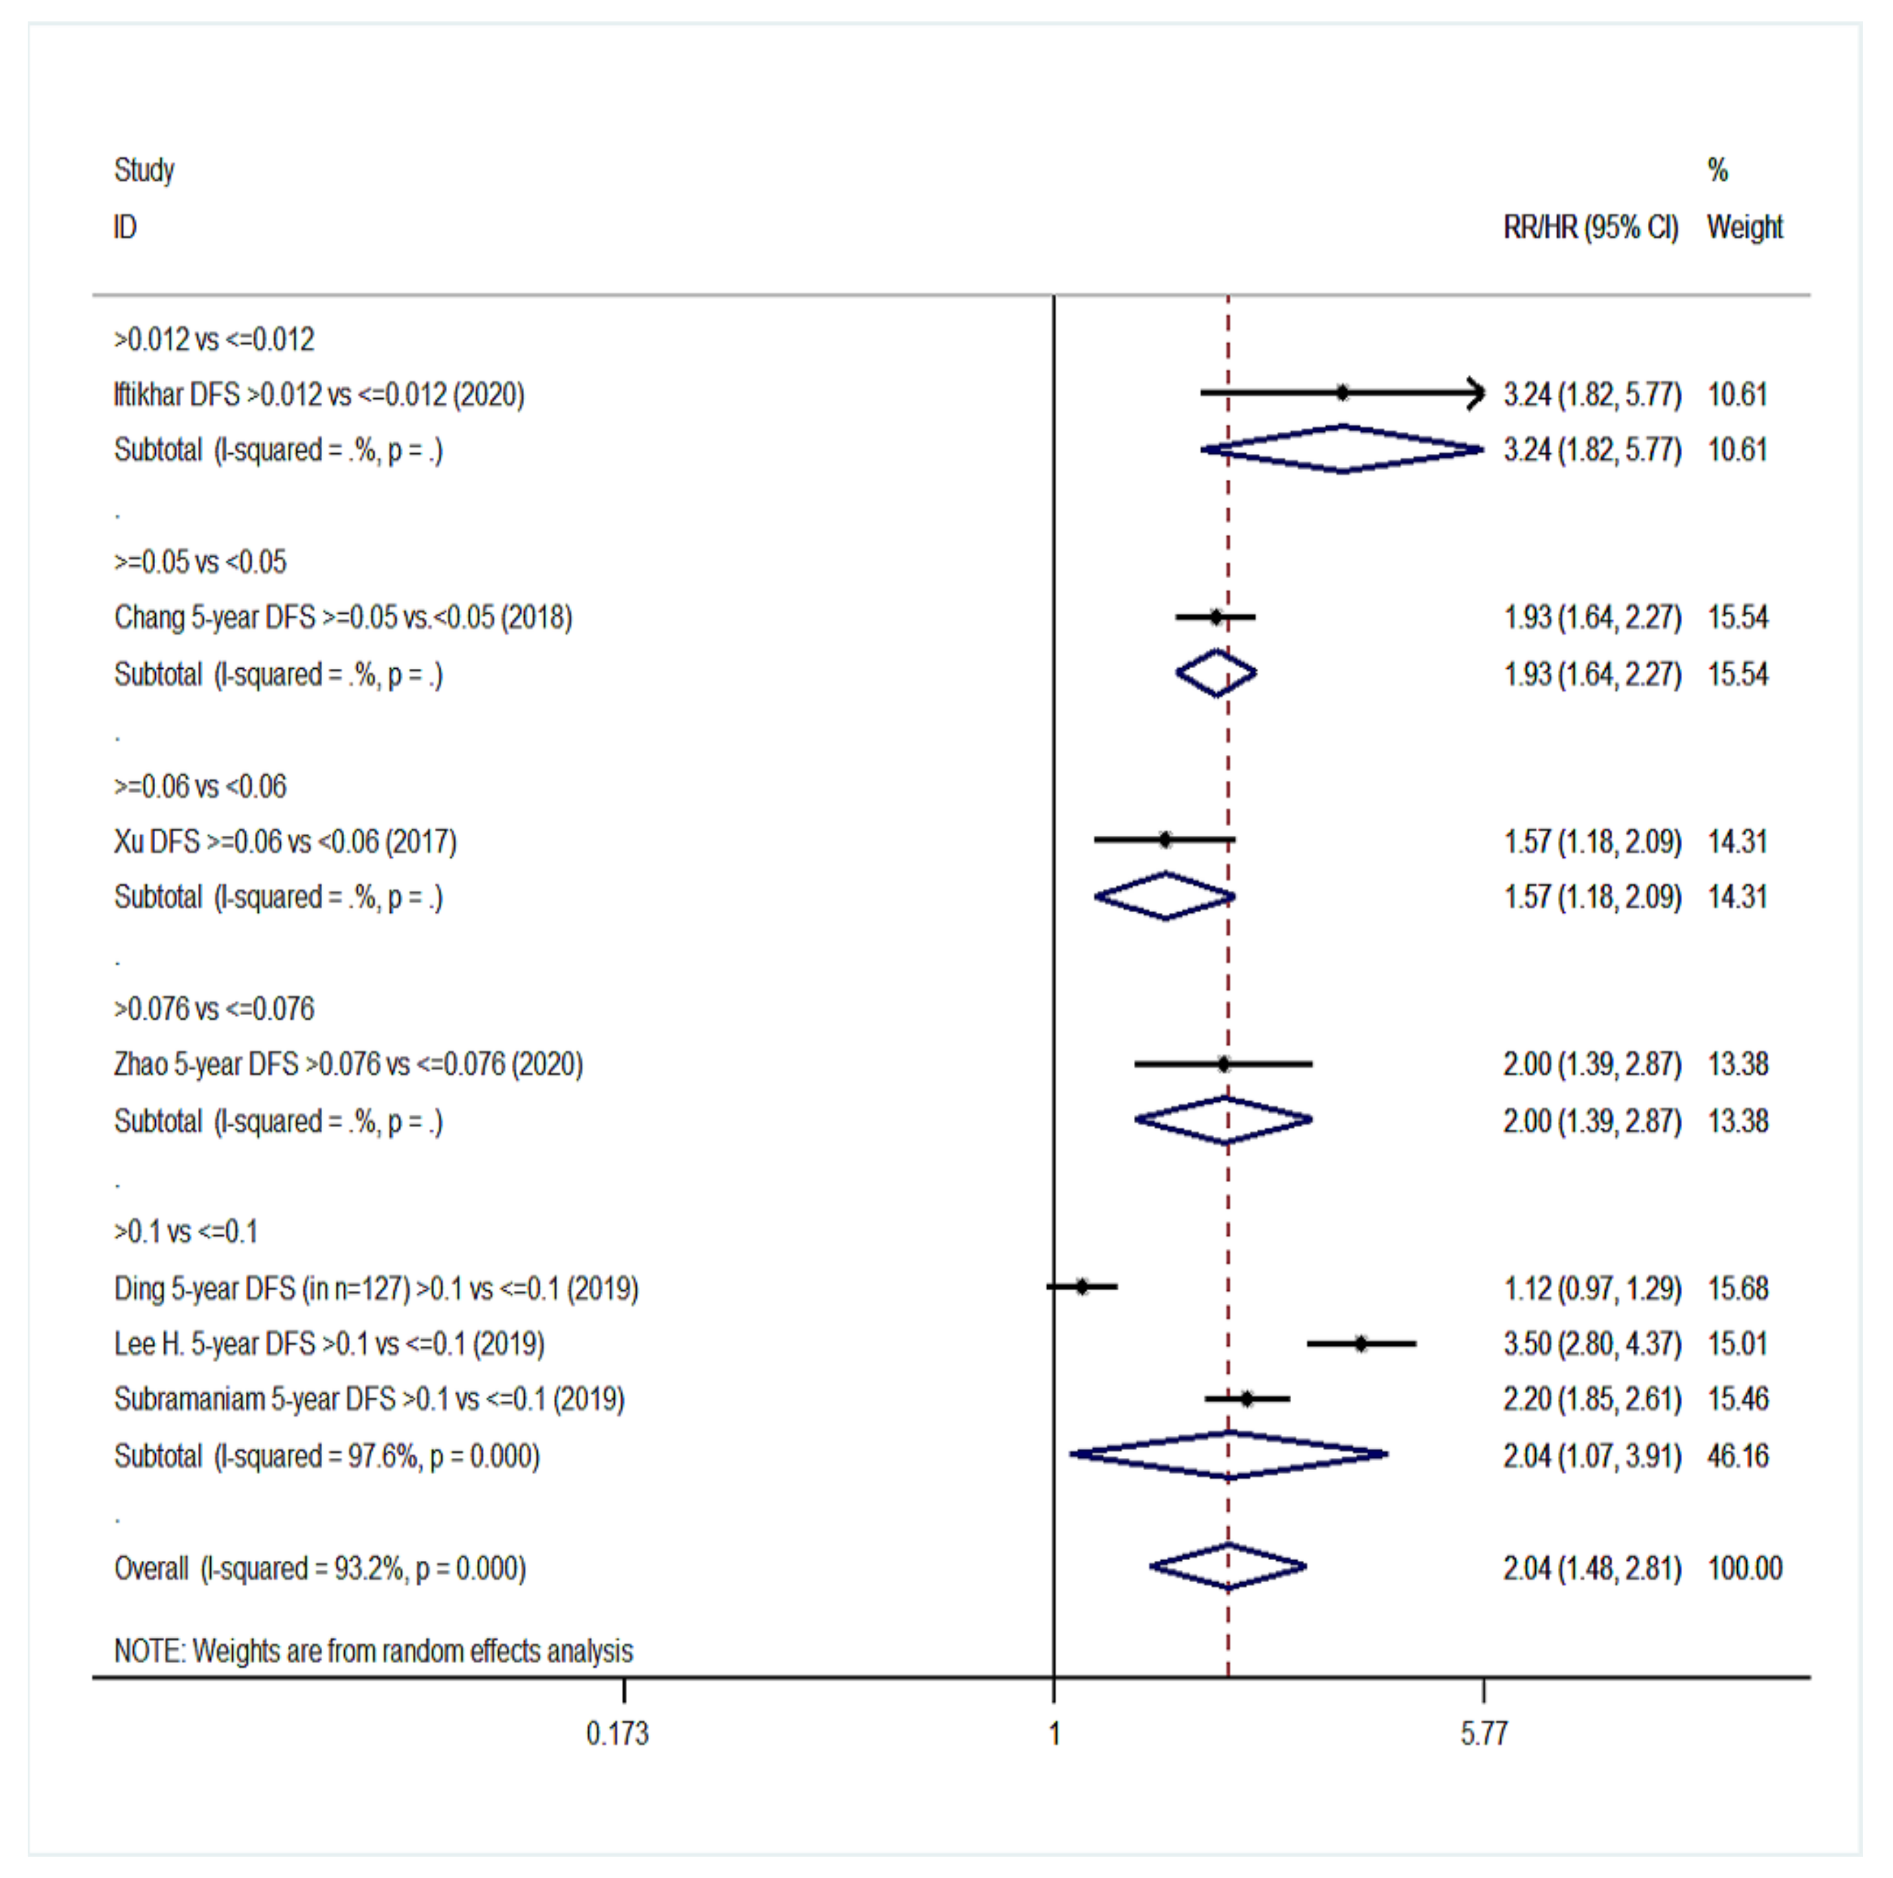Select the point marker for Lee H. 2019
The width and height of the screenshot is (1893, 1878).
(x=1361, y=1344)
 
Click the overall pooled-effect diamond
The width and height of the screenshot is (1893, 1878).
(x=1228, y=1568)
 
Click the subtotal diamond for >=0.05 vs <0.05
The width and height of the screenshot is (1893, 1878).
(x=1216, y=674)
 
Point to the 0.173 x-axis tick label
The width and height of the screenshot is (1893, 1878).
(x=618, y=1734)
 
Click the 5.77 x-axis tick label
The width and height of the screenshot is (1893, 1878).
(x=1484, y=1734)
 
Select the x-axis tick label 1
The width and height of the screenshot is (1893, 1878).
(x=1054, y=1734)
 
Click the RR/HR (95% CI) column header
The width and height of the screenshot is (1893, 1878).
(x=1590, y=227)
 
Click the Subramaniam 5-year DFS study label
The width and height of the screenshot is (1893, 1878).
(x=368, y=1399)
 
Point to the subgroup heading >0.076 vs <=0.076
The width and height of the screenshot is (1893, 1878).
(x=214, y=1009)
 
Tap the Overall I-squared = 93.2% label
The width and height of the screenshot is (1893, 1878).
(x=319, y=1569)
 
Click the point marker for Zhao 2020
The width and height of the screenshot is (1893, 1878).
(x=1224, y=1065)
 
